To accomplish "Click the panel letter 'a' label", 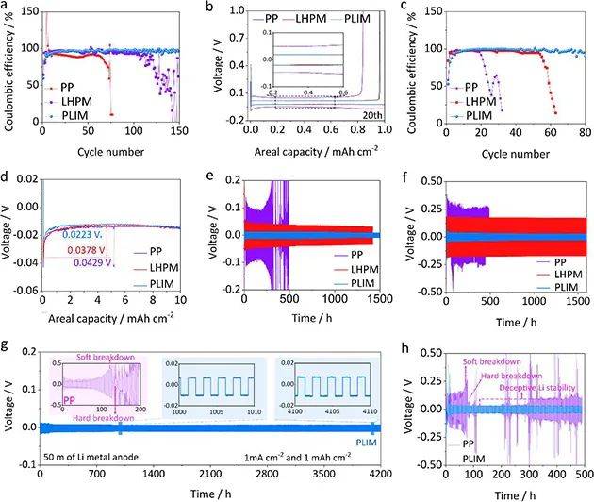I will point(7,7).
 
